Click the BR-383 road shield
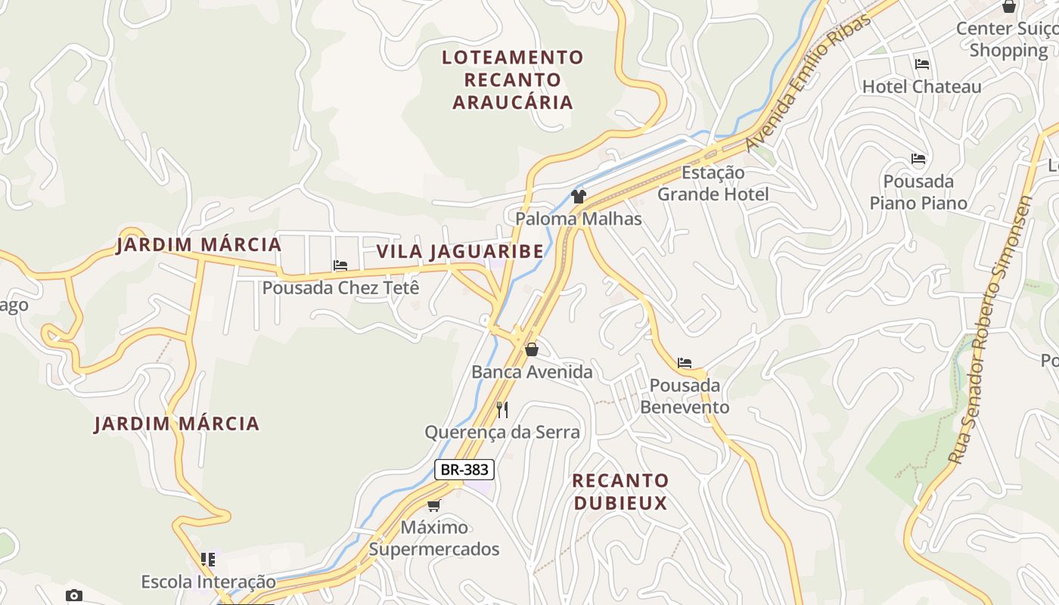(x=464, y=470)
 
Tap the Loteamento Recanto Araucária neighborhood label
(x=513, y=79)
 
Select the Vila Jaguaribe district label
(x=460, y=251)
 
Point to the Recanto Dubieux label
(x=620, y=492)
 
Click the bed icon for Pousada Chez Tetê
(x=340, y=265)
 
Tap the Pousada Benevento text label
(x=685, y=396)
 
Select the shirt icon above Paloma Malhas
(x=579, y=197)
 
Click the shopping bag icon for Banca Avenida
(x=532, y=349)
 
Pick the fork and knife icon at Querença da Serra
(x=502, y=410)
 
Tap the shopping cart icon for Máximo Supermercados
(x=434, y=505)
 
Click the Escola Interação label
(x=209, y=582)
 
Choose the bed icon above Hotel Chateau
(x=921, y=64)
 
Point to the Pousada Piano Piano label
(x=918, y=192)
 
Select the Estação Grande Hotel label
(x=713, y=183)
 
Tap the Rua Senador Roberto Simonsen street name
(x=991, y=329)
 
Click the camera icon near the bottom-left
(x=73, y=595)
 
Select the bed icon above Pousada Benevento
(x=685, y=363)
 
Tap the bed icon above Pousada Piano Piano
(x=918, y=159)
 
